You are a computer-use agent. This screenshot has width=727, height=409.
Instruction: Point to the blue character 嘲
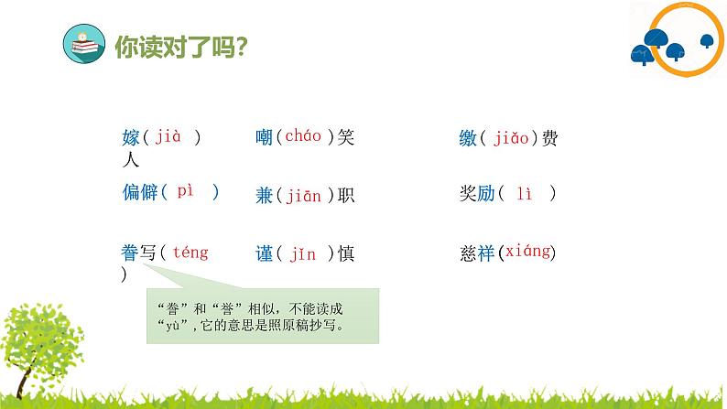pos(266,138)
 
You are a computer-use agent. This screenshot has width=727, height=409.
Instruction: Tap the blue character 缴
pos(469,138)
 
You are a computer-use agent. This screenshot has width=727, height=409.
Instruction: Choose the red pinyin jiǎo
pos(512,138)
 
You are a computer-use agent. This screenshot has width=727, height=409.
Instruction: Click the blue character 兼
pos(266,194)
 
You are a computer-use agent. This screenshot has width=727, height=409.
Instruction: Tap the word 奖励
pos(477,193)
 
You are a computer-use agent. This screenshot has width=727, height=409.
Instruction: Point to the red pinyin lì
pos(524,193)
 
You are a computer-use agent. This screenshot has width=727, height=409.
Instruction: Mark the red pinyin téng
pos(190,252)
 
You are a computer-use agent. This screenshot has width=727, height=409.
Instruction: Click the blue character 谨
pos(266,254)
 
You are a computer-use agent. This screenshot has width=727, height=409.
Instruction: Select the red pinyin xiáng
pos(527,252)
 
